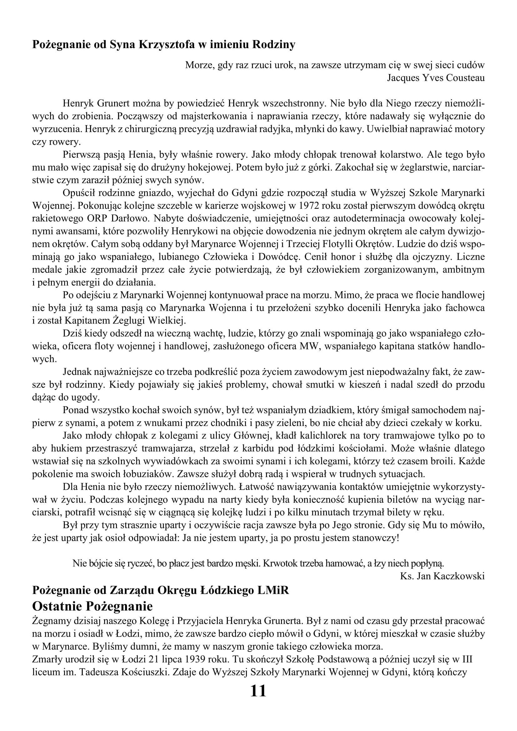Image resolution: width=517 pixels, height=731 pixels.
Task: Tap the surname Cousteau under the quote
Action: [x=465, y=78]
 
